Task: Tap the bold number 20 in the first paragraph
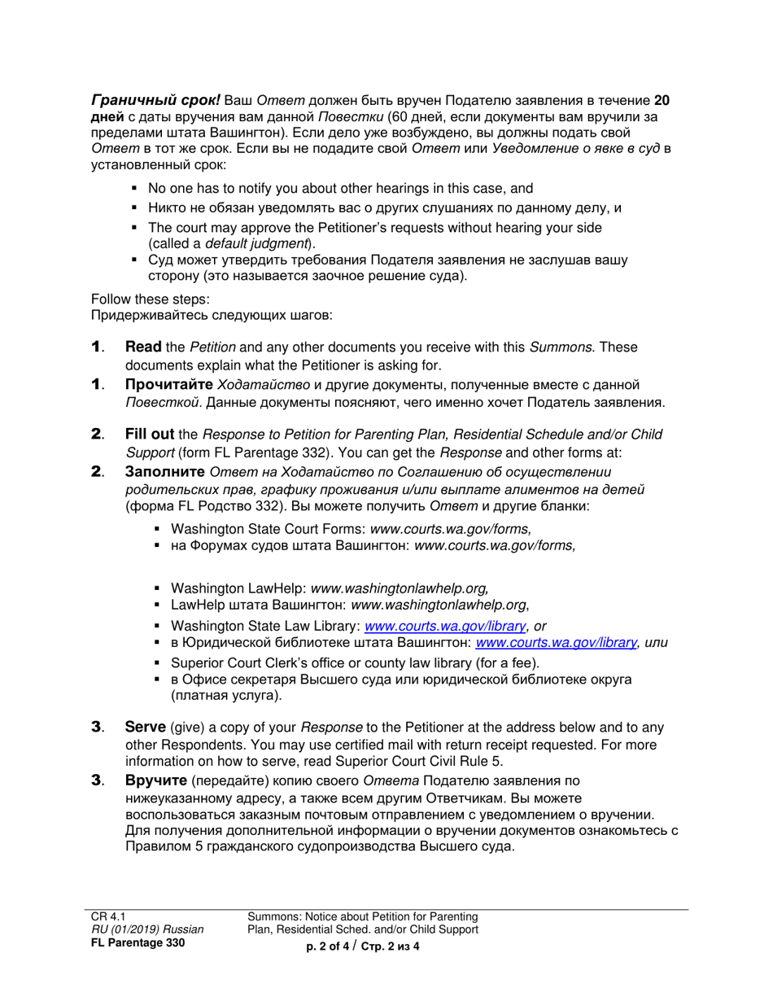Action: pyautogui.click(x=662, y=101)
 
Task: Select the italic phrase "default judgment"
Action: pyautogui.click(x=255, y=243)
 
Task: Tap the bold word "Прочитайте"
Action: pyautogui.click(x=168, y=384)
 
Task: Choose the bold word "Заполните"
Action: pyautogui.click(x=164, y=471)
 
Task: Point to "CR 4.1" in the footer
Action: pyautogui.click(x=107, y=916)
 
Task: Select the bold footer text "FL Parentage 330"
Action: pyautogui.click(x=138, y=943)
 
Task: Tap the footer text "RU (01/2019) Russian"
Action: pyautogui.click(x=147, y=929)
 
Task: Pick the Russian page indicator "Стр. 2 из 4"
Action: pyautogui.click(x=390, y=946)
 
